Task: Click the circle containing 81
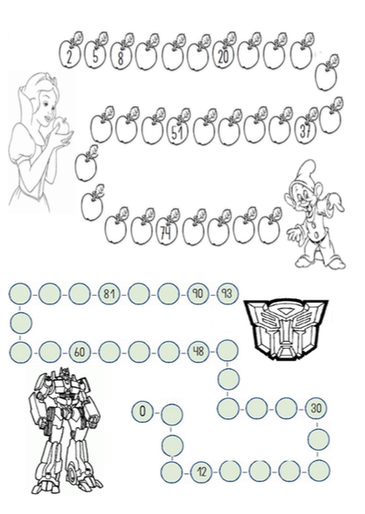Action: pos(109,293)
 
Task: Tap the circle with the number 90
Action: pos(198,293)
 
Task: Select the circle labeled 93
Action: pos(228,293)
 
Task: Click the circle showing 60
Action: pos(79,352)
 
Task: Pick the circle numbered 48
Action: pos(198,351)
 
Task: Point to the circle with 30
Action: pos(316,408)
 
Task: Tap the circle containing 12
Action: pos(202,472)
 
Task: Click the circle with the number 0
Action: pos(143,411)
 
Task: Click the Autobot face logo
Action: pos(286,329)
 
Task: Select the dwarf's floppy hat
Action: pos(308,170)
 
